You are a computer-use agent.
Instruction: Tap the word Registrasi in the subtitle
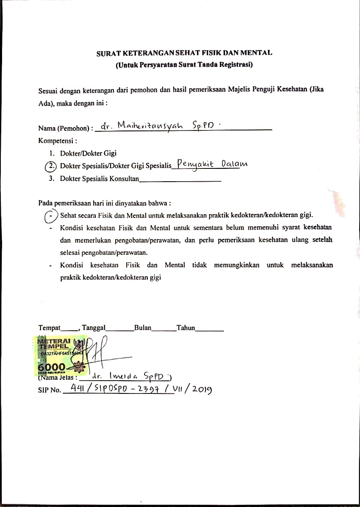[x=236, y=64]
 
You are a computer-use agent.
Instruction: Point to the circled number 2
[x=50, y=166]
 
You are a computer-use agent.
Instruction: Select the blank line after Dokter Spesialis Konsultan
[x=181, y=180]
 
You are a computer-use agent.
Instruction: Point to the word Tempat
[x=49, y=328]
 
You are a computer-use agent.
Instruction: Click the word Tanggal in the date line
[x=94, y=328]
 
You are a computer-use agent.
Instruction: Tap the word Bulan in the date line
[x=142, y=328]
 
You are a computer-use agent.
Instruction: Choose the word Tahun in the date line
[x=185, y=328]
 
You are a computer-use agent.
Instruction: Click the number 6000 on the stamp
[x=51, y=367]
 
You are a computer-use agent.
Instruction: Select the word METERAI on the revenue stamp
[x=54, y=341]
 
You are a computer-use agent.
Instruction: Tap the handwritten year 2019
[x=201, y=389]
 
